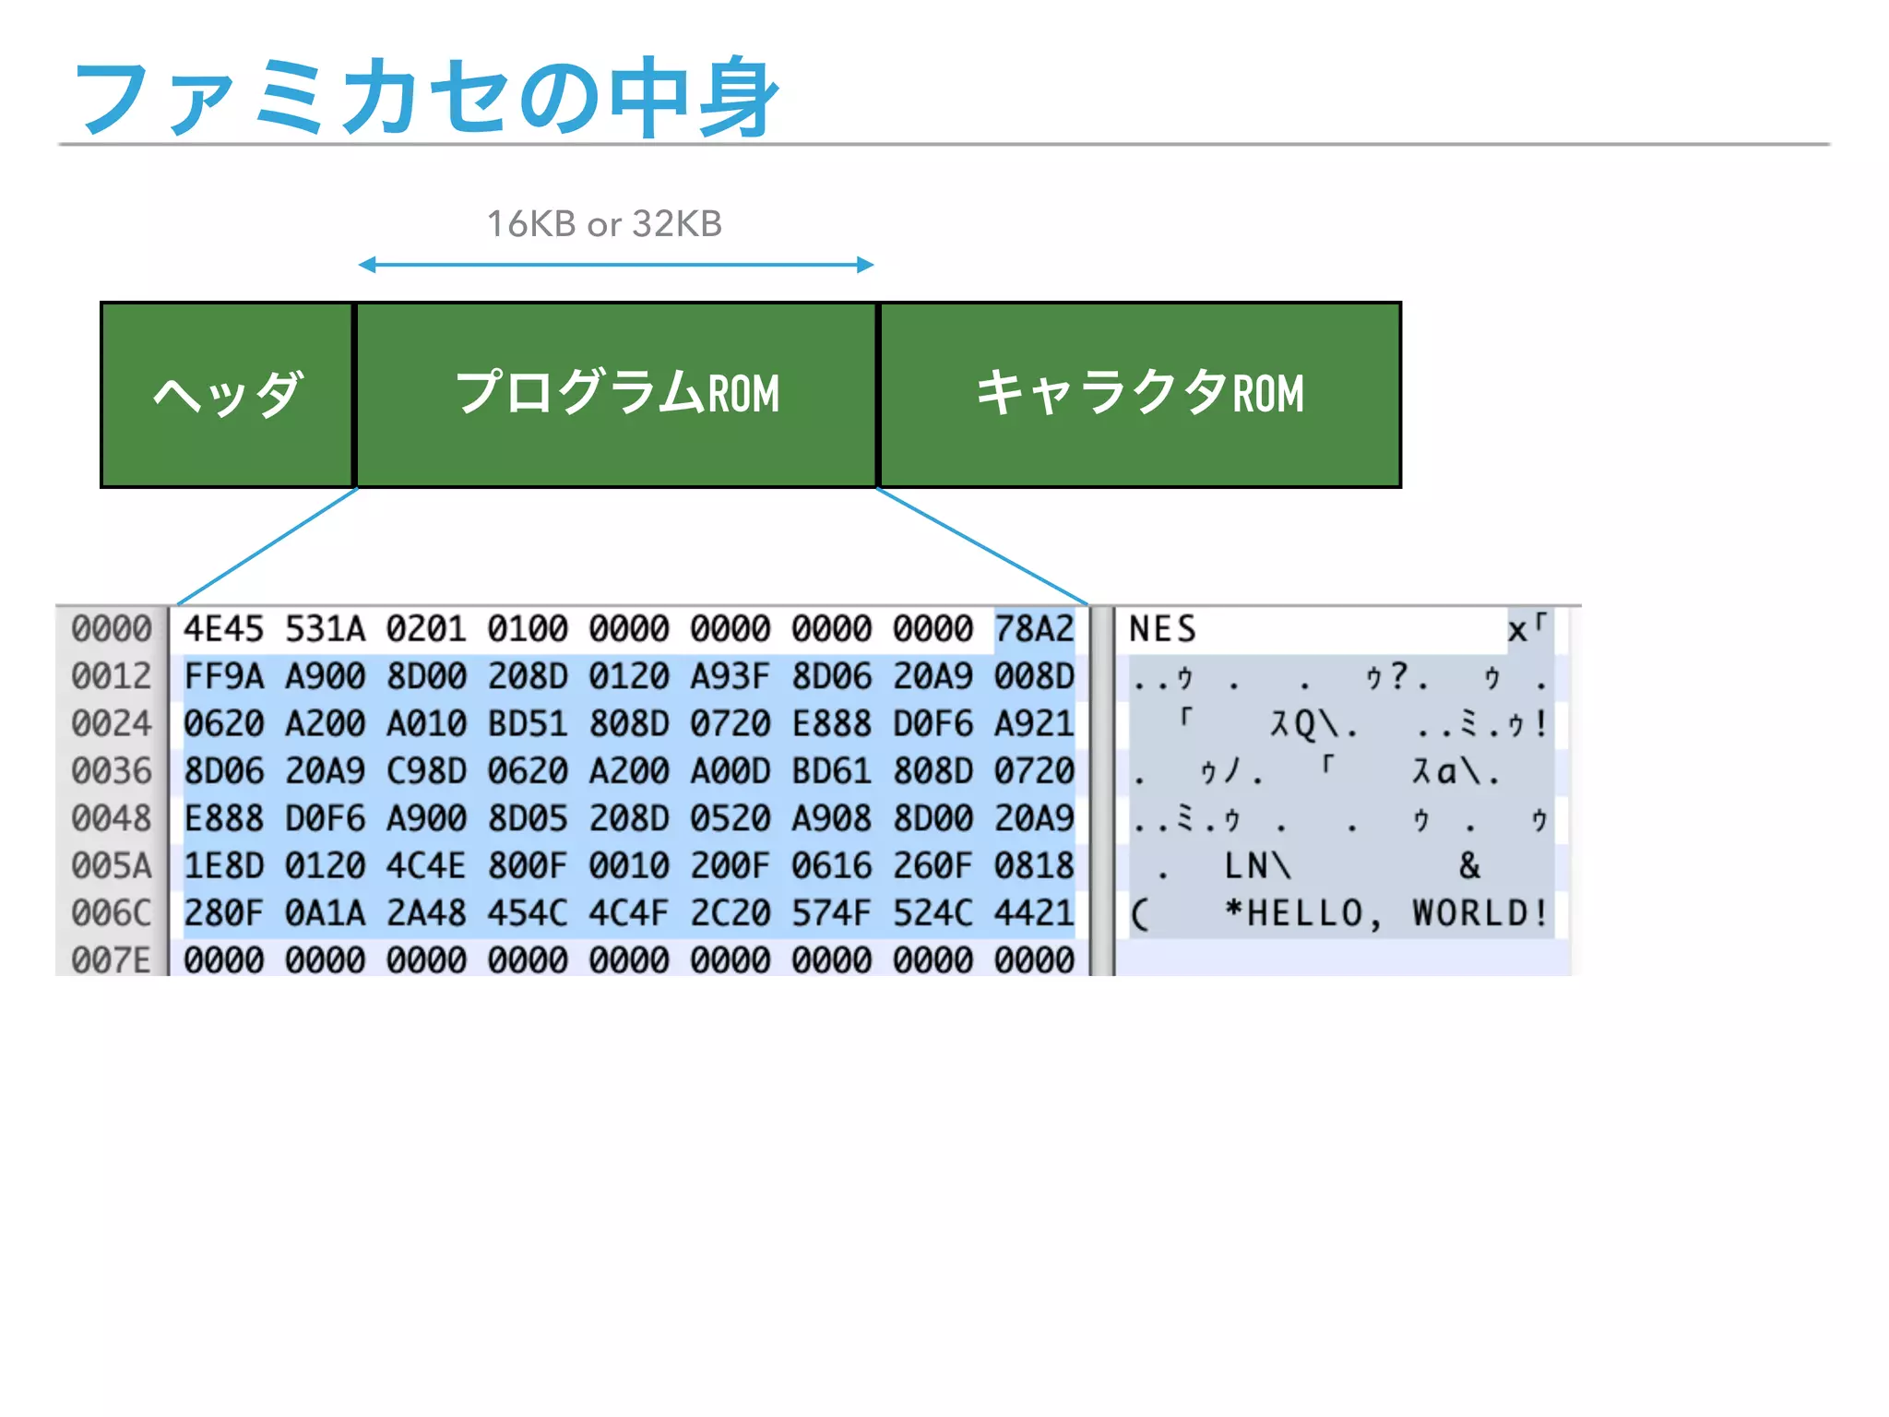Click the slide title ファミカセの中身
(x=426, y=97)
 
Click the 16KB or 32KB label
(x=604, y=224)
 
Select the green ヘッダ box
(x=227, y=395)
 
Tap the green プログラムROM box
(x=616, y=395)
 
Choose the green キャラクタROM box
(x=1140, y=395)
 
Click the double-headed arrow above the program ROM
(x=616, y=265)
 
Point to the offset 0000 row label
(x=112, y=629)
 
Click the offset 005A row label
(x=112, y=865)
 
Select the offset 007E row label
(x=112, y=960)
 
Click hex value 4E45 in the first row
(x=223, y=629)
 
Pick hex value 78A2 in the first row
(x=1034, y=629)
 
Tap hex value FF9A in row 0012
(x=223, y=676)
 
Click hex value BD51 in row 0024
(x=528, y=723)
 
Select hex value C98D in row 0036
(x=426, y=771)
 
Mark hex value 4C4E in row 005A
(x=426, y=865)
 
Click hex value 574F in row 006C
(x=831, y=913)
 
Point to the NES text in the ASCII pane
(x=1162, y=629)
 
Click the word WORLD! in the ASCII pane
(x=1479, y=913)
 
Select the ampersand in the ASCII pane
(x=1469, y=865)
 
